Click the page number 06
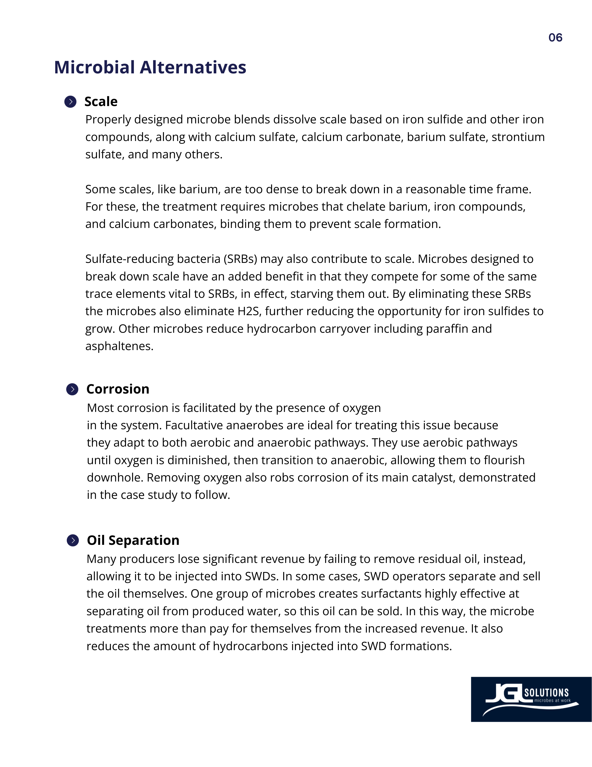(x=555, y=38)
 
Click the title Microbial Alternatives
(x=150, y=67)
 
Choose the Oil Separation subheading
(x=133, y=540)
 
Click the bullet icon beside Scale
(x=71, y=102)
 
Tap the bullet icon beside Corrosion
(x=72, y=389)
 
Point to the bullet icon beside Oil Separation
(x=73, y=540)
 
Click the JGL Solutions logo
(x=531, y=699)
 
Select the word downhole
(x=115, y=478)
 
